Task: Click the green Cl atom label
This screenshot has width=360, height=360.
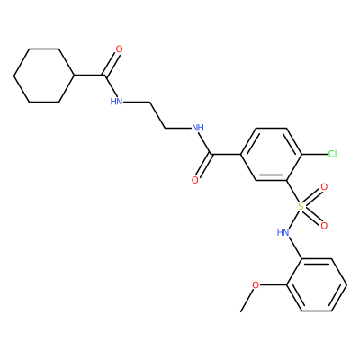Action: tap(333, 154)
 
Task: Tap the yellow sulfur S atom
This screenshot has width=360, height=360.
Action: tap(301, 206)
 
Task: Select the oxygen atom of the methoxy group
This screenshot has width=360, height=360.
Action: tap(256, 285)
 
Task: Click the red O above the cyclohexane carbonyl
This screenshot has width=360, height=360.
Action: tap(119, 49)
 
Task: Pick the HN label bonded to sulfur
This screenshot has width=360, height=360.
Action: tap(283, 232)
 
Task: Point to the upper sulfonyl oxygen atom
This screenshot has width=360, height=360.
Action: tap(324, 187)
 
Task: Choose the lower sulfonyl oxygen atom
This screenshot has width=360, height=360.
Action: tap(324, 226)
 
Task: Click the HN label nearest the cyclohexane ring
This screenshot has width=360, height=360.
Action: tap(116, 102)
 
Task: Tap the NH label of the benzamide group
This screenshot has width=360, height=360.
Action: tap(198, 128)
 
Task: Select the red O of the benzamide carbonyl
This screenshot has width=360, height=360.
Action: tap(195, 180)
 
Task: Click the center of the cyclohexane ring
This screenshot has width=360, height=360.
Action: tap(44, 76)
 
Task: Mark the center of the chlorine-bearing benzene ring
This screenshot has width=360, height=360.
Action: tap(272, 154)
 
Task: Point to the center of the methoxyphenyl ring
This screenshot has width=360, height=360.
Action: tap(317, 284)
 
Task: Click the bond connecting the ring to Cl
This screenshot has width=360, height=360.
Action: tap(315, 154)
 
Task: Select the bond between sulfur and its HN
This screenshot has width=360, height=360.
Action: tap(293, 220)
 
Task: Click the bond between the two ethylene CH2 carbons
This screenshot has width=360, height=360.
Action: tap(157, 115)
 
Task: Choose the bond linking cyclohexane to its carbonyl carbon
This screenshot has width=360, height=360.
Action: tap(89, 76)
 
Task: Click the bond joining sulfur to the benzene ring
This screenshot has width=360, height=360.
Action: tap(292, 192)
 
